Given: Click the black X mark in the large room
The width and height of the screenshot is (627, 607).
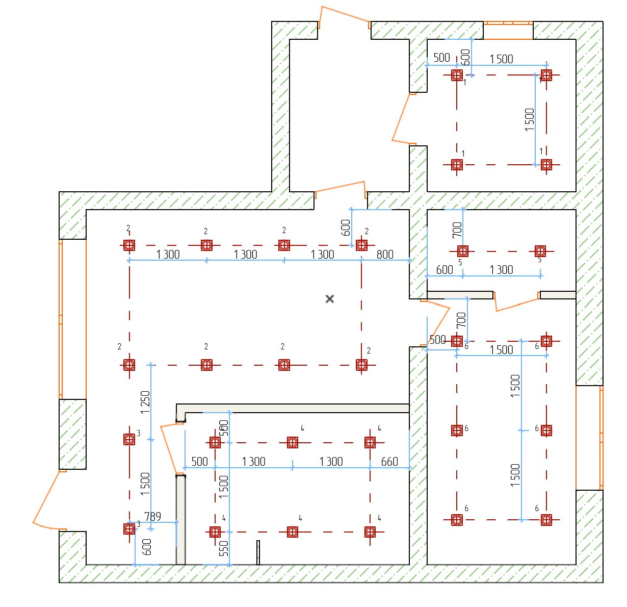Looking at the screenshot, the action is pyautogui.click(x=330, y=299).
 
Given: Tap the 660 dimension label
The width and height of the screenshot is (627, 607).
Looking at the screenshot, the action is pyautogui.click(x=389, y=461).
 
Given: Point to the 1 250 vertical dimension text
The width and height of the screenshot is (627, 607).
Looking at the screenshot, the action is pyautogui.click(x=145, y=402).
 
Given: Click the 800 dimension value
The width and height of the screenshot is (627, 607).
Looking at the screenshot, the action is pyautogui.click(x=385, y=255).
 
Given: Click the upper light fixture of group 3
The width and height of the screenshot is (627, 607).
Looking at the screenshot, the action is pyautogui.click(x=129, y=439).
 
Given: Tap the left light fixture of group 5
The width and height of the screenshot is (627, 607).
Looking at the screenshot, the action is pyautogui.click(x=463, y=251).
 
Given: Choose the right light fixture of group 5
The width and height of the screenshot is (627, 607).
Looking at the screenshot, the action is pyautogui.click(x=540, y=251).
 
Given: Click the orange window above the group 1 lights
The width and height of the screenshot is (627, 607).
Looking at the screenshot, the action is pyautogui.click(x=508, y=30).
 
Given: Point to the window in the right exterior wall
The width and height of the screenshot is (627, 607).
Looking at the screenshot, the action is pyautogui.click(x=589, y=438).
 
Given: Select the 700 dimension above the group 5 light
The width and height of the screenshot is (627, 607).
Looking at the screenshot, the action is pyautogui.click(x=457, y=230).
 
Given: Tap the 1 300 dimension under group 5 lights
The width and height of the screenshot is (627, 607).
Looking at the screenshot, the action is pyautogui.click(x=501, y=269).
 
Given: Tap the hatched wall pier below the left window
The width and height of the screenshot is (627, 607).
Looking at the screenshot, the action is pyautogui.click(x=72, y=434).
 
